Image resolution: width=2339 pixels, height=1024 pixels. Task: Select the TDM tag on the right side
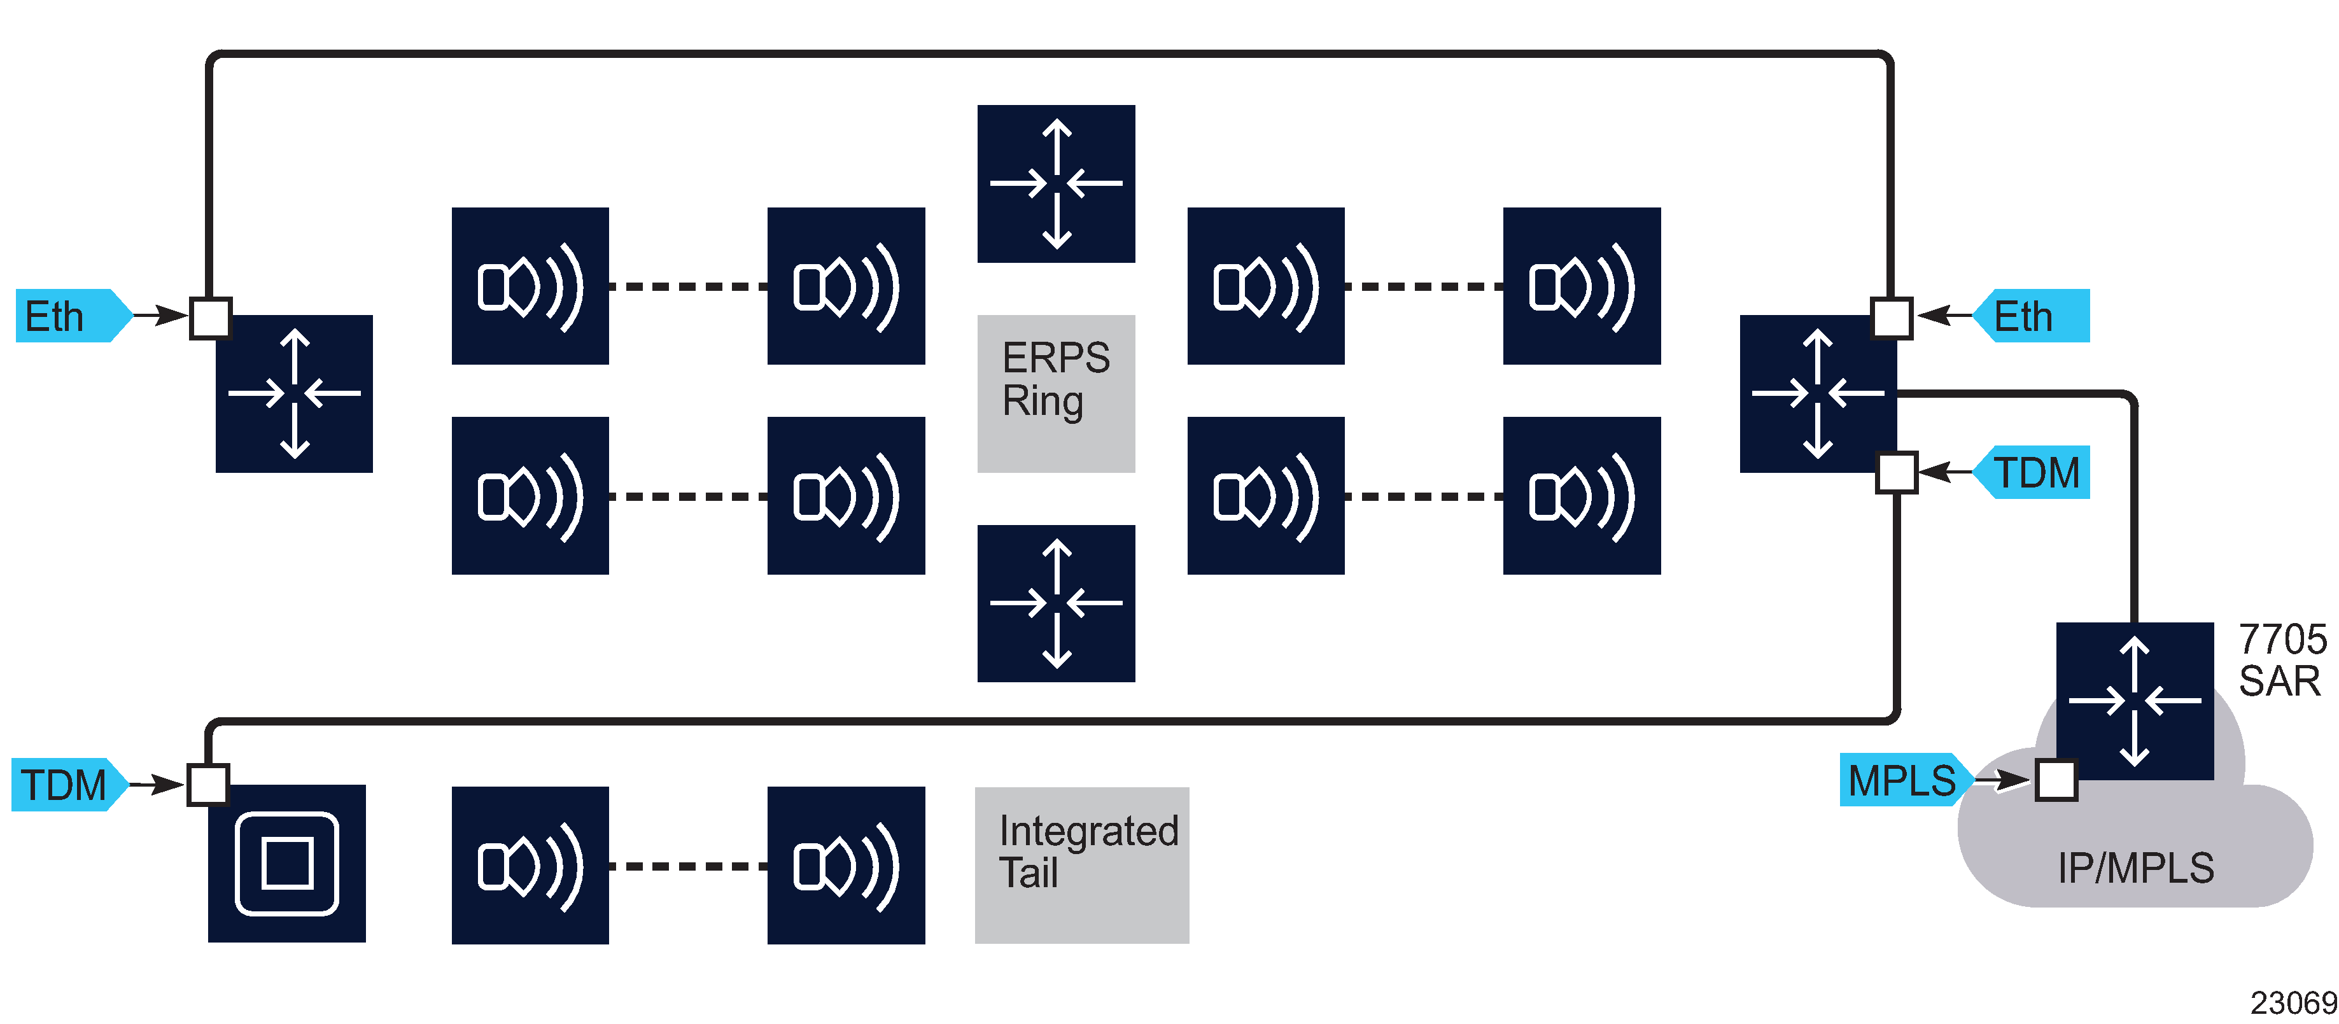(2035, 472)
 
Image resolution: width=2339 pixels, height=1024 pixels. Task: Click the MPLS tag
(1901, 780)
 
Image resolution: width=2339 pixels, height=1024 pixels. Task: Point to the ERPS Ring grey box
(1056, 393)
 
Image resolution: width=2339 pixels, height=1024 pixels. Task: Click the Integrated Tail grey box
(1081, 864)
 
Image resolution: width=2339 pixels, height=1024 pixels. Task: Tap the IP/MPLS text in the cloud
(2135, 868)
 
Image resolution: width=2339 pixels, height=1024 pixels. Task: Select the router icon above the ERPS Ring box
(1056, 183)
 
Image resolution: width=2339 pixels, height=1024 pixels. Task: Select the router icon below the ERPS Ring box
(1056, 603)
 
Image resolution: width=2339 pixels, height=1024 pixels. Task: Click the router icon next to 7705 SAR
(2134, 700)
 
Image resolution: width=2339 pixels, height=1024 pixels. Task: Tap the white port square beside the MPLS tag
(2056, 780)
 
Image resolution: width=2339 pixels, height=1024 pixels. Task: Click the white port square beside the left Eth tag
(211, 318)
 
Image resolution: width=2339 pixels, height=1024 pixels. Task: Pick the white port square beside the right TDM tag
(1896, 472)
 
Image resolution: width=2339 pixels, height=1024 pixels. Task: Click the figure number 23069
(2292, 1002)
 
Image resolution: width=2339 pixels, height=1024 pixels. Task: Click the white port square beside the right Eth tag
(1892, 318)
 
